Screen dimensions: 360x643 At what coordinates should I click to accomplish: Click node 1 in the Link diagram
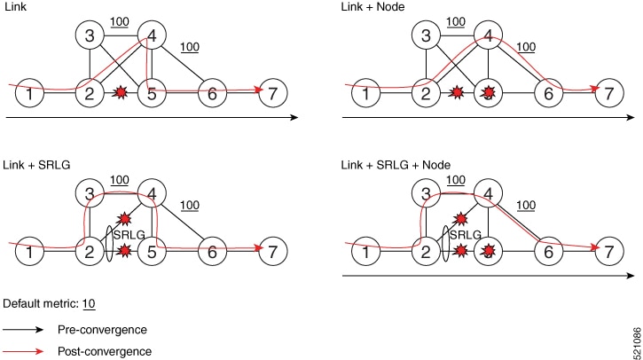tap(31, 92)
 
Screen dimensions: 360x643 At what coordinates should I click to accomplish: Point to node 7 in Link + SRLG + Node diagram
tap(609, 251)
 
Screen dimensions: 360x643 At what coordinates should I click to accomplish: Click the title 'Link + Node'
tap(369, 7)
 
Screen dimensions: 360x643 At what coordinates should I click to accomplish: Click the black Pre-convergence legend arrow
tap(26, 328)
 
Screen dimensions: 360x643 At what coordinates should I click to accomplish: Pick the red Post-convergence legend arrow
tap(26, 350)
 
